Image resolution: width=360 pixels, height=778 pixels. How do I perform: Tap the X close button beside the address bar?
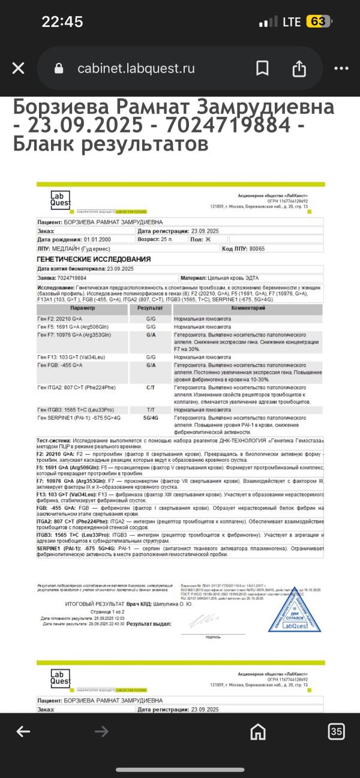pyautogui.click(x=19, y=68)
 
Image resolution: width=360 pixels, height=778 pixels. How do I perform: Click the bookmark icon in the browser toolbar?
pyautogui.click(x=262, y=68)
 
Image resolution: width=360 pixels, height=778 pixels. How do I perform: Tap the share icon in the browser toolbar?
pyautogui.click(x=299, y=68)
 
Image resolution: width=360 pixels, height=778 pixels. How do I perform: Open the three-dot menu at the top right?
pyautogui.click(x=341, y=68)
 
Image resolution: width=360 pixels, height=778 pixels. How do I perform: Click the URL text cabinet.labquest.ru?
pyautogui.click(x=136, y=68)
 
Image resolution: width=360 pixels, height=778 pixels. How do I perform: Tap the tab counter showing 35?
pyautogui.click(x=336, y=731)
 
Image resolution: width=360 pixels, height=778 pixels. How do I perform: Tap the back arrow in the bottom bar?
pyautogui.click(x=23, y=731)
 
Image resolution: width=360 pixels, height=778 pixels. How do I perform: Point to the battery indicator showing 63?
pyautogui.click(x=318, y=22)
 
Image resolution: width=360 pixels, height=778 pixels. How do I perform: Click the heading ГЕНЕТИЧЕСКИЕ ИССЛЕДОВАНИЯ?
pyautogui.click(x=94, y=259)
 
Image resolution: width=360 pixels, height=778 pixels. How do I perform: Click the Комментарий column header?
pyautogui.click(x=248, y=308)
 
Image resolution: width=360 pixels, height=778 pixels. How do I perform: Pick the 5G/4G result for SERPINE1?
pyautogui.click(x=151, y=417)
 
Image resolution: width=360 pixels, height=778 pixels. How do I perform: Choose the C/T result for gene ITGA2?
pyautogui.click(x=151, y=388)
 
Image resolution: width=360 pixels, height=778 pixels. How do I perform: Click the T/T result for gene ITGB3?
pyautogui.click(x=151, y=409)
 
